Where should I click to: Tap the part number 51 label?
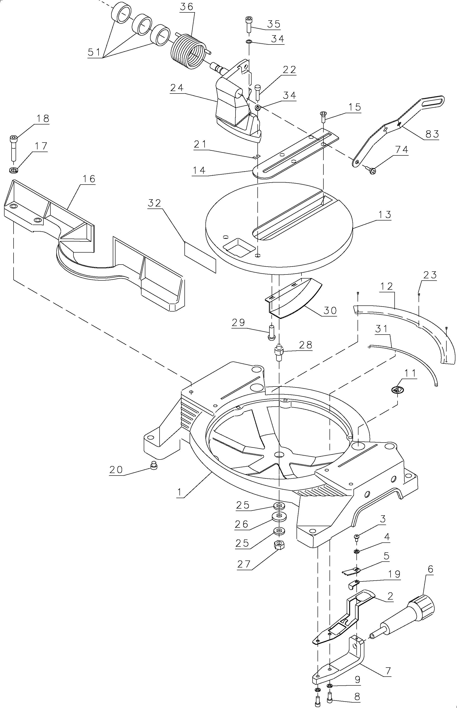[94, 52]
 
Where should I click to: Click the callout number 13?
[385, 214]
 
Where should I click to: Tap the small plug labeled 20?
[154, 467]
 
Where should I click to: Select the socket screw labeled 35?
[248, 24]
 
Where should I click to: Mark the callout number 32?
[154, 203]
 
